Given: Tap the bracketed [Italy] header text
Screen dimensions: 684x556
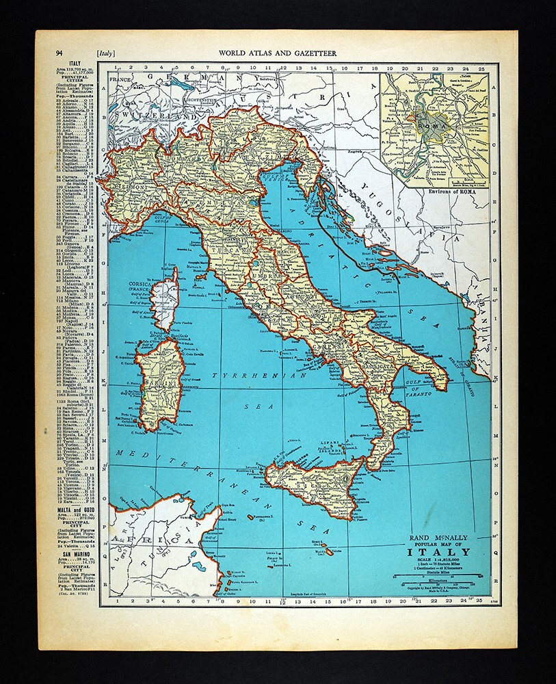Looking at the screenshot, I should point(107,52).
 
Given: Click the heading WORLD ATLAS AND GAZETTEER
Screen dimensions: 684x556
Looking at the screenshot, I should point(277,52).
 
